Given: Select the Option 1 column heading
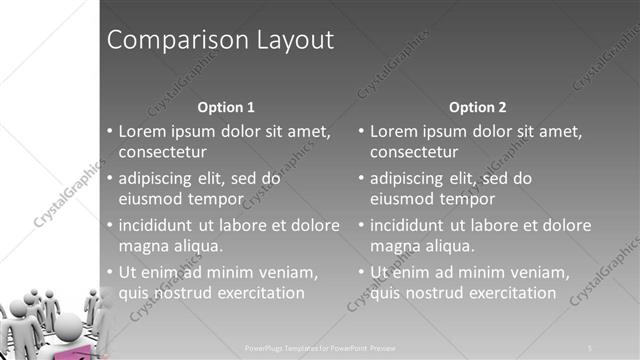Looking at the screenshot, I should [226, 107].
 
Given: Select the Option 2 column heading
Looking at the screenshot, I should [478, 107].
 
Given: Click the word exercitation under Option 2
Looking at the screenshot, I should [507, 293].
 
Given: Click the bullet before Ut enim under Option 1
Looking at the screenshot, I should [110, 273].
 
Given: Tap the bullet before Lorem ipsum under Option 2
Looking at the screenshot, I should [362, 132].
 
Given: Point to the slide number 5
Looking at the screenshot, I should [590, 347].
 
